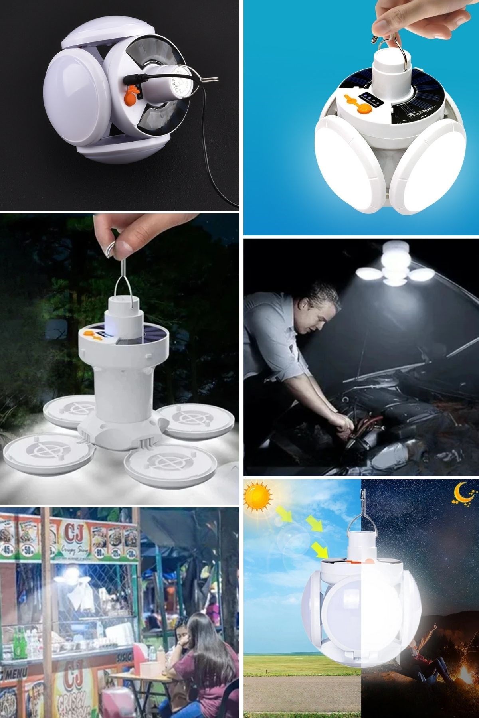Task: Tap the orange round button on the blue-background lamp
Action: click(364, 109)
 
